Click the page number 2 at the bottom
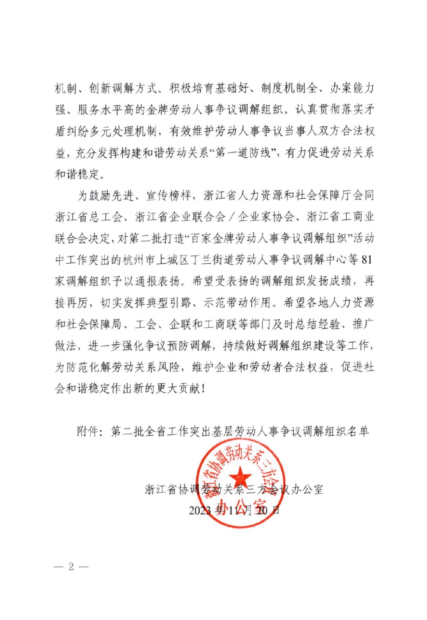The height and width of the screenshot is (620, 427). (x=71, y=566)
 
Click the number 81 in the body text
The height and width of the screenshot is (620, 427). (x=367, y=259)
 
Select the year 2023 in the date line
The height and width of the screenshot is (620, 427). (x=200, y=510)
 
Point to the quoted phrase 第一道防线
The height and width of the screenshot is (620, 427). (x=243, y=153)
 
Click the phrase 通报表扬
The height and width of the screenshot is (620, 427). (x=158, y=281)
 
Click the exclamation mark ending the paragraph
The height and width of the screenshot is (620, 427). (x=202, y=389)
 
